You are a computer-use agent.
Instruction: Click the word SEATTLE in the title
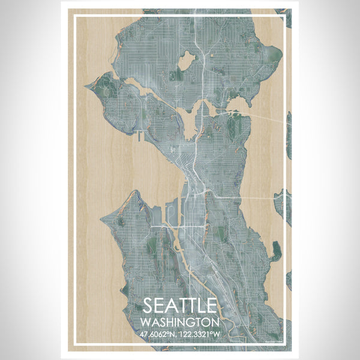pos(179,304)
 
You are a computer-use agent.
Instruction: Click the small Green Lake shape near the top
pos(186,60)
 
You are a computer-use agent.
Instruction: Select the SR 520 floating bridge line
pos(264,114)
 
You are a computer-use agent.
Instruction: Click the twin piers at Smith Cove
pos(139,135)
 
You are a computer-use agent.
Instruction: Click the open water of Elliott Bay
pos(150,174)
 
